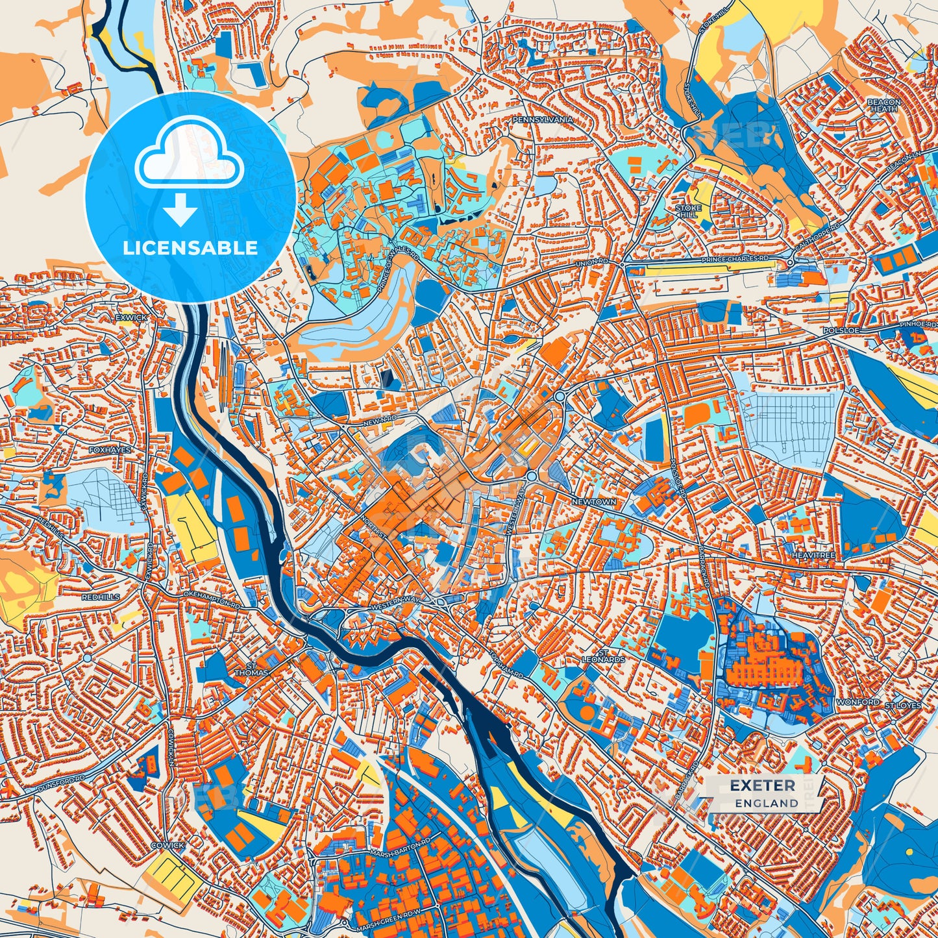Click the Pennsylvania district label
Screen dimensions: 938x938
point(543,120)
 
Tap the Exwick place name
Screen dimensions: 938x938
point(132,317)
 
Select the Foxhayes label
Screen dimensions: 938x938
point(110,449)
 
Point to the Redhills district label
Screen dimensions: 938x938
point(101,597)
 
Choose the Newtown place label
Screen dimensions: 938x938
point(594,502)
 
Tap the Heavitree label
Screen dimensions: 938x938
point(813,556)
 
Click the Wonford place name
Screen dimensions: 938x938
point(858,702)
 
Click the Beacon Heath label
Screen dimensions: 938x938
point(884,106)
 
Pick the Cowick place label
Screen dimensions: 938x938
point(167,845)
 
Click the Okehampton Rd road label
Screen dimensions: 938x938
point(212,599)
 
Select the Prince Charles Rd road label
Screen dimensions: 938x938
point(734,259)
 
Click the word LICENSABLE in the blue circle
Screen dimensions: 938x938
point(191,248)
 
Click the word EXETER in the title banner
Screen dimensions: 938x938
point(762,785)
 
